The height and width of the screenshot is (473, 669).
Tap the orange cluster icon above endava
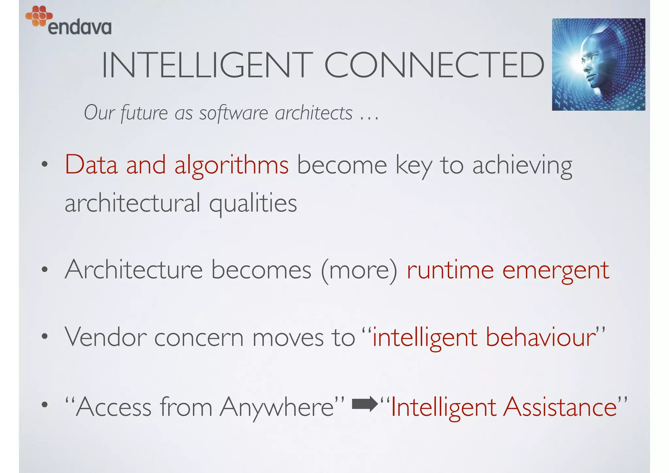39,16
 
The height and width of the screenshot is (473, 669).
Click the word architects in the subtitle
314,113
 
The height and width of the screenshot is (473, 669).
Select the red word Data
91,165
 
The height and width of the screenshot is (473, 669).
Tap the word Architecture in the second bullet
134,270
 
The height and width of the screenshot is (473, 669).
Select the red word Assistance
560,407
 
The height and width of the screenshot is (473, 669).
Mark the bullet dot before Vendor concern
45,336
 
